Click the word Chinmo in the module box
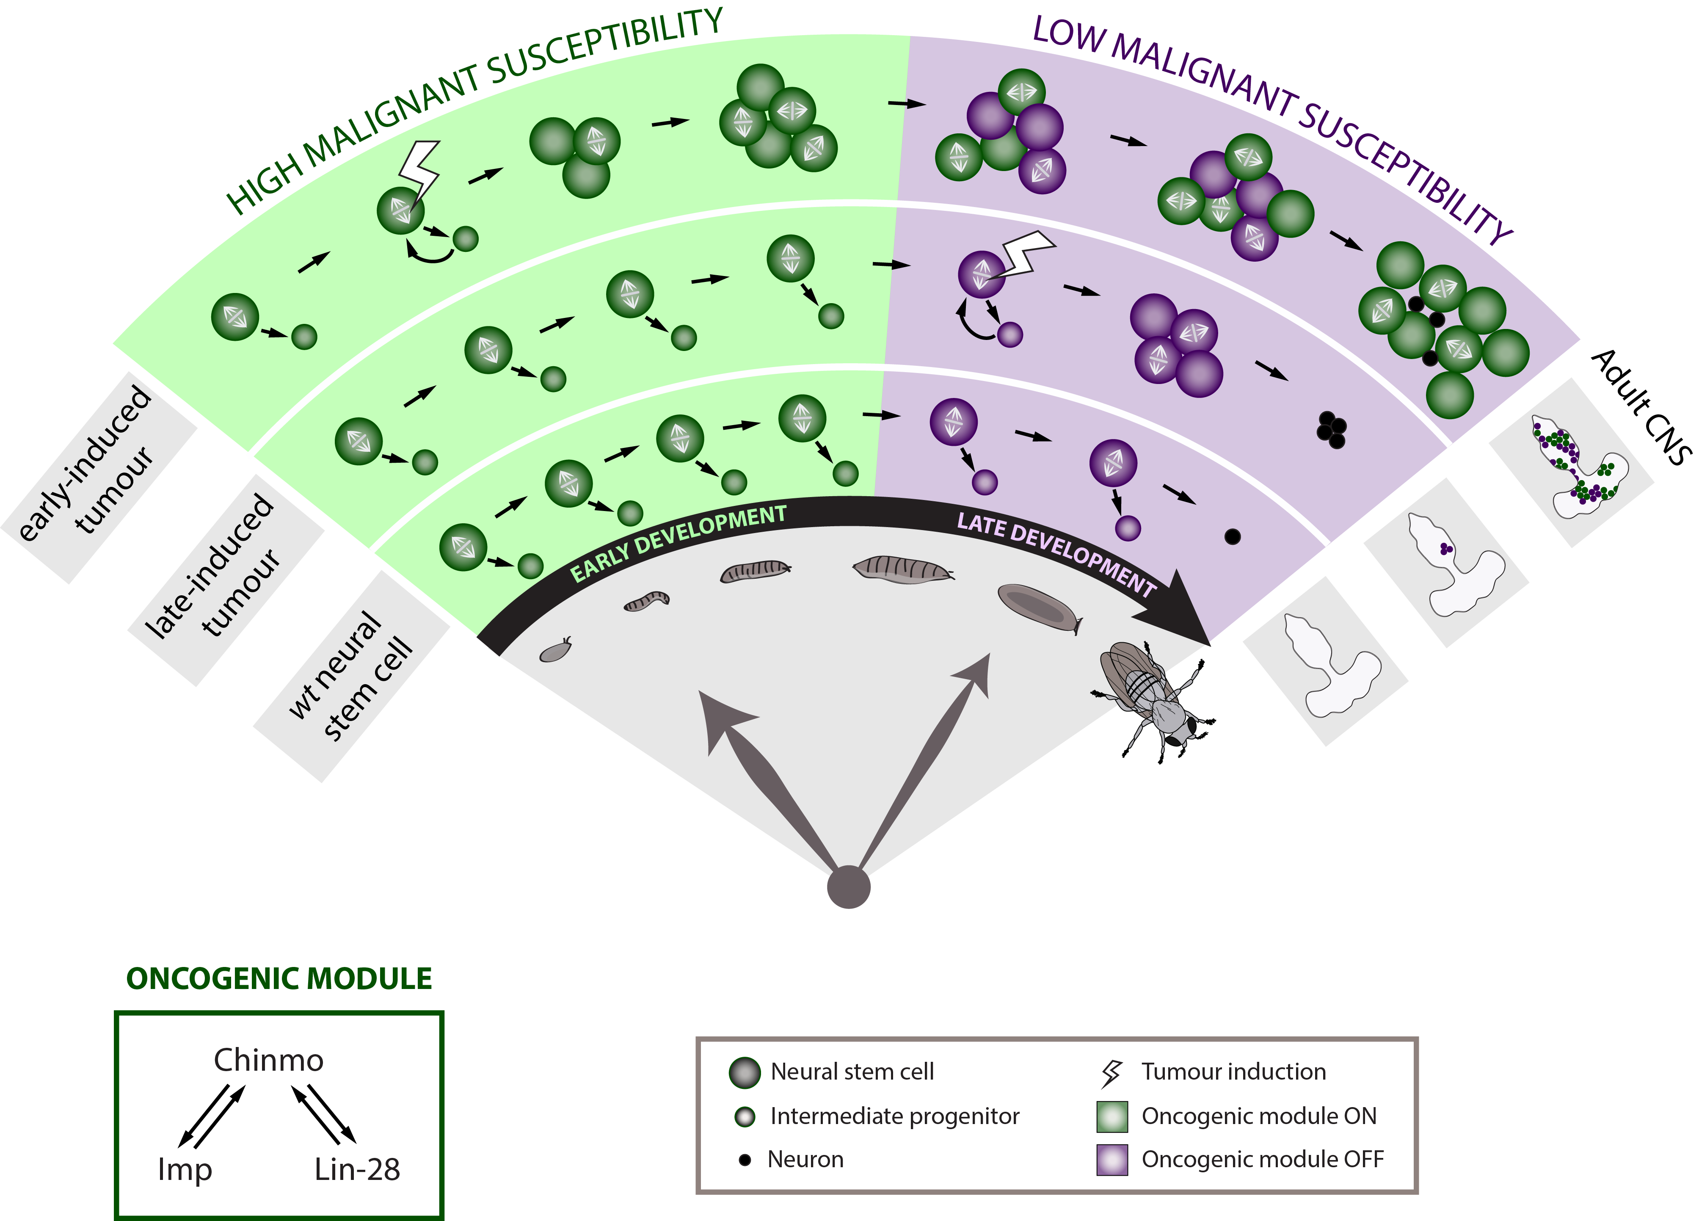click(x=268, y=1060)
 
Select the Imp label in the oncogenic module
click(x=184, y=1169)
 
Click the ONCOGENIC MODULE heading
click(x=279, y=978)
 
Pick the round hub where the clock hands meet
click(x=849, y=887)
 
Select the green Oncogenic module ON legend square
click(x=1112, y=1116)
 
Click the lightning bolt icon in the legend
click(x=1112, y=1073)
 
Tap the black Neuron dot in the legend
click(x=745, y=1160)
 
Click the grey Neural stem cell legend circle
click(x=745, y=1073)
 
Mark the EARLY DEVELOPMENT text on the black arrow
click(x=678, y=543)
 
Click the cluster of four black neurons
click(x=1331, y=429)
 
